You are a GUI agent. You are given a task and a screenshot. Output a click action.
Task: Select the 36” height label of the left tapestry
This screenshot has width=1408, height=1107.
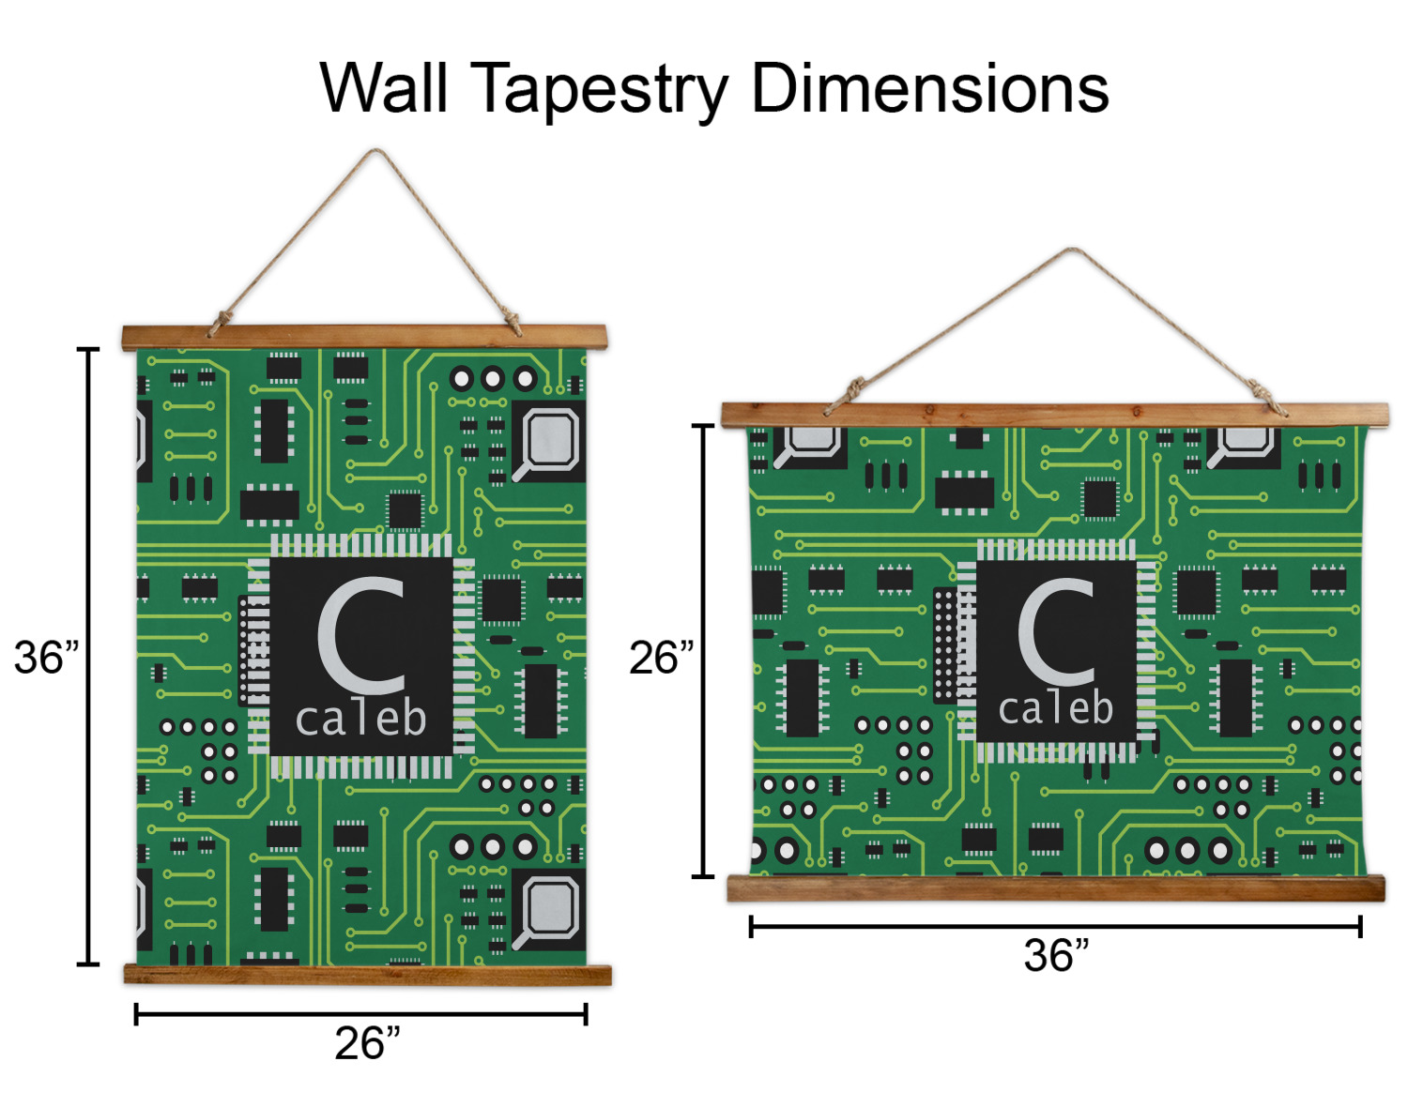coord(45,658)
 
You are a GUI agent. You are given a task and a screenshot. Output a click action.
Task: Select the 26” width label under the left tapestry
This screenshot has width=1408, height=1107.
coord(367,1043)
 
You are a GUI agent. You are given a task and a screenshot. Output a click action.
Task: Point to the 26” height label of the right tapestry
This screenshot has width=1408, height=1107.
coord(661,658)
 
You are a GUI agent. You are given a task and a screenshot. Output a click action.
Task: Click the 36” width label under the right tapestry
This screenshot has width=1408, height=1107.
coord(1056,956)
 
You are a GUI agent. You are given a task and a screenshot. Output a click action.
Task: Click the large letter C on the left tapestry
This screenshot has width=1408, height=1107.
coord(361,633)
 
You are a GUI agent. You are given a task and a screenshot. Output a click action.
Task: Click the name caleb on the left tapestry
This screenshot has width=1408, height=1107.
coord(361,720)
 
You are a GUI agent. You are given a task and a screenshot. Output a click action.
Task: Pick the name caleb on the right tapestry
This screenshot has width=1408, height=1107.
coord(1056,708)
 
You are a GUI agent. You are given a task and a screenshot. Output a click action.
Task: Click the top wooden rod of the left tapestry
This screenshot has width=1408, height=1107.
coord(364,337)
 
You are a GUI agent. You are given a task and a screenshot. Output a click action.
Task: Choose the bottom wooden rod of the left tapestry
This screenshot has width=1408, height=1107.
coord(367,975)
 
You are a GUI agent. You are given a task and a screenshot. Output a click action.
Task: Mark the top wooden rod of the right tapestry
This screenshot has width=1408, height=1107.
coord(1054,414)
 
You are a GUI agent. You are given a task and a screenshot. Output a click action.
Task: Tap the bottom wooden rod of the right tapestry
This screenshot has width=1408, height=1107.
coord(1056,887)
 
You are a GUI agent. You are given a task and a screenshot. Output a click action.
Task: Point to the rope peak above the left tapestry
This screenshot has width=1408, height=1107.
coord(377,152)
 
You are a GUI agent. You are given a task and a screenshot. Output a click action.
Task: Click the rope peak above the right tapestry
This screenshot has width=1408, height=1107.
coord(1073,250)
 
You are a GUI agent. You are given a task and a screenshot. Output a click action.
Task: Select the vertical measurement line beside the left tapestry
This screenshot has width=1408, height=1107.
coord(88,657)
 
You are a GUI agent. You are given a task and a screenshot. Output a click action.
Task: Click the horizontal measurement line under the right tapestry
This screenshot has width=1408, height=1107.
coord(1056,927)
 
